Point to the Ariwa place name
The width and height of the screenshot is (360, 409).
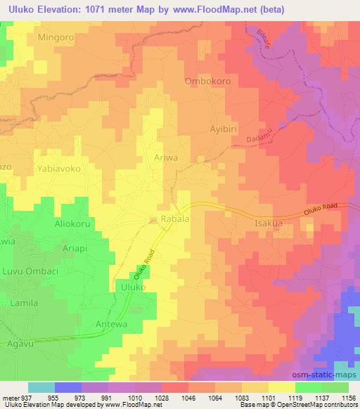click(165, 158)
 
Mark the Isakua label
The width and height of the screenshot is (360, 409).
click(268, 223)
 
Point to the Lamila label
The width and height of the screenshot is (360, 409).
click(26, 302)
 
